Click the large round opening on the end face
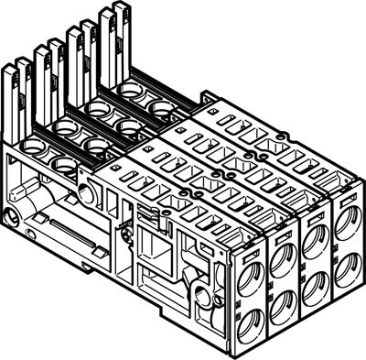tap(88, 195)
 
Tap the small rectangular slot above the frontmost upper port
tap(248, 244)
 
